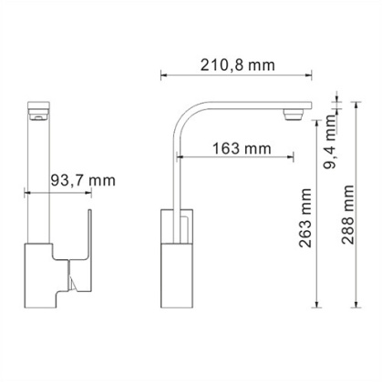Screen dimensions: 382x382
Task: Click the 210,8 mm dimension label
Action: point(237,65)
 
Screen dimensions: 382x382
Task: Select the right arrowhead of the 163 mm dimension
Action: point(290,156)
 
